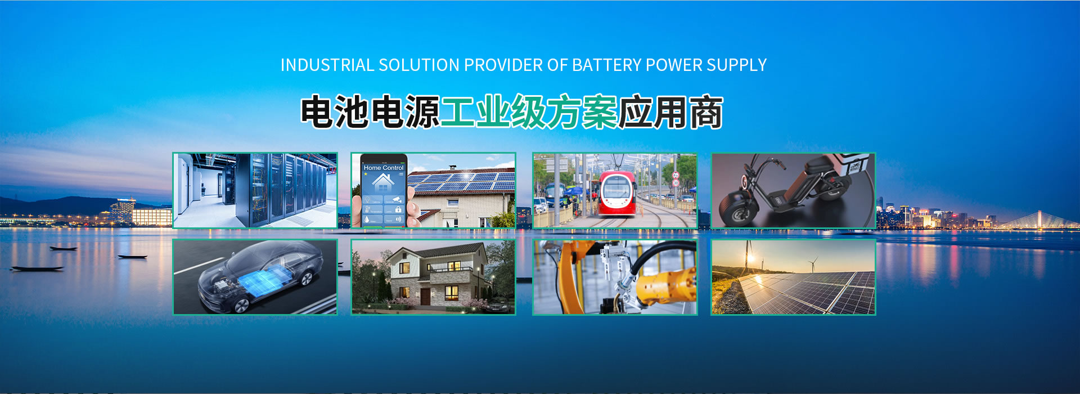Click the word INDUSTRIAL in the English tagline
click(327, 65)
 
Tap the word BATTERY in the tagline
click(606, 65)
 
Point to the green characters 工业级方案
click(529, 113)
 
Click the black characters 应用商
click(670, 113)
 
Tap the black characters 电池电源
click(370, 113)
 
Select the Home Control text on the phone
click(384, 168)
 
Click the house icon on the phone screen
click(382, 182)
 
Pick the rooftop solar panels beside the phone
click(460, 181)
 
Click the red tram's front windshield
click(617, 186)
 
